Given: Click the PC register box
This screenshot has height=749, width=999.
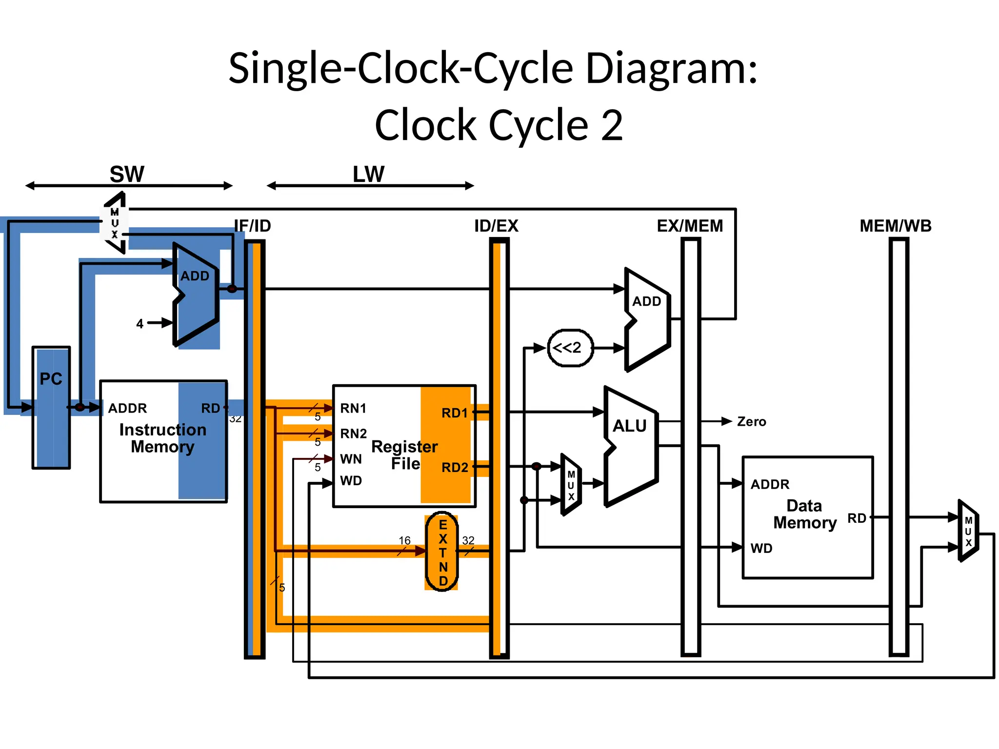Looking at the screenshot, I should pyautogui.click(x=51, y=407).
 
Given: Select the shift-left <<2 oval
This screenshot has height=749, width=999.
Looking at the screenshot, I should pyautogui.click(x=570, y=348).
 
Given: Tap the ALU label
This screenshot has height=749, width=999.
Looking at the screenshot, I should pyautogui.click(x=629, y=426).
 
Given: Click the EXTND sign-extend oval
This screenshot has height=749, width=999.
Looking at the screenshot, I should pyautogui.click(x=442, y=552).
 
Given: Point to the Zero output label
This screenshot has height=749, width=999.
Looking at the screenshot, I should pyautogui.click(x=751, y=421).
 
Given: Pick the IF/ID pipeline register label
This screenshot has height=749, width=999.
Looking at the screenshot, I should pyautogui.click(x=252, y=226).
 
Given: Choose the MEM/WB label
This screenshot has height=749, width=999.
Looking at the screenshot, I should pyautogui.click(x=895, y=226).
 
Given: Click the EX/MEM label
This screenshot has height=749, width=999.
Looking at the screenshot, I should pyautogui.click(x=690, y=226).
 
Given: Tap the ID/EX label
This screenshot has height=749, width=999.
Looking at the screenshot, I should pyautogui.click(x=496, y=226).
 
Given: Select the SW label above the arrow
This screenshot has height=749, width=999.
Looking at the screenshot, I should pyautogui.click(x=127, y=174).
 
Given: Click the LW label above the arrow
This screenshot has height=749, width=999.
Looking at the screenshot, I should pyautogui.click(x=368, y=174).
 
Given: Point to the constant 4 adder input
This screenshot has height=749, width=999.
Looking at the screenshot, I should pyautogui.click(x=140, y=323).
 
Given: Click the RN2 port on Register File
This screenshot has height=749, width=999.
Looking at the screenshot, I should pyautogui.click(x=353, y=433).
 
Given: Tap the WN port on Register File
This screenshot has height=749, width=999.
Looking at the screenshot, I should pyautogui.click(x=351, y=459).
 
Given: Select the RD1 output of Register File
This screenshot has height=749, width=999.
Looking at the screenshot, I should pyautogui.click(x=455, y=413).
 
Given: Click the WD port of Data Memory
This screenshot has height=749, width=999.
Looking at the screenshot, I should pyautogui.click(x=761, y=548).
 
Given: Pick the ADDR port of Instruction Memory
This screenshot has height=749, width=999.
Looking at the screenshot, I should pyautogui.click(x=127, y=408).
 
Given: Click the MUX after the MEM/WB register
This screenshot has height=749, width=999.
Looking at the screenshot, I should pyautogui.click(x=968, y=531).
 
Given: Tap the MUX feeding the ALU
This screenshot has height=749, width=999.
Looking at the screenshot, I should pyautogui.click(x=571, y=485).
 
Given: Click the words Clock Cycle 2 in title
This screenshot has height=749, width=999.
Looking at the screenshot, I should pyautogui.click(x=499, y=125).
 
